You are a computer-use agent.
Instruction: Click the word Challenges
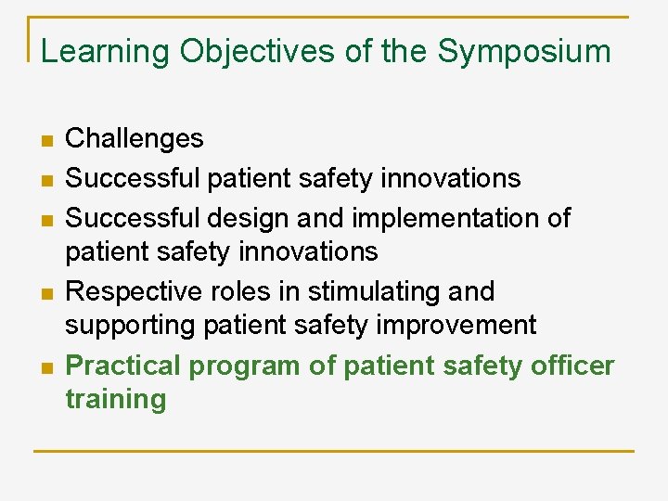pyautogui.click(x=135, y=138)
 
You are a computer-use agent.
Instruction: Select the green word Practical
pyautogui.click(x=123, y=366)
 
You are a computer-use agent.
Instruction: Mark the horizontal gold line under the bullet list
pyautogui.click(x=334, y=451)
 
